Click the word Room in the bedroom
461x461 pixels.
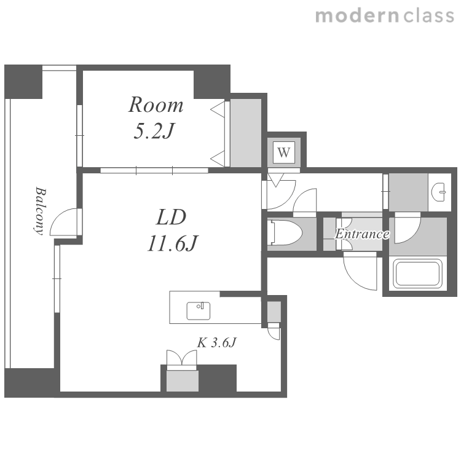pyautogui.click(x=156, y=105)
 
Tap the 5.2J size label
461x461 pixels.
pyautogui.click(x=154, y=131)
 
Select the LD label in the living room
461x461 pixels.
pyautogui.click(x=171, y=217)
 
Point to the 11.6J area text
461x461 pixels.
pyautogui.click(x=173, y=243)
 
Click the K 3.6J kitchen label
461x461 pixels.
pyautogui.click(x=217, y=343)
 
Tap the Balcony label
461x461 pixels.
pyautogui.click(x=40, y=210)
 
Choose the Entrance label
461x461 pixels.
pyautogui.click(x=363, y=234)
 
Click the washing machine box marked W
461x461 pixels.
pyautogui.click(x=284, y=152)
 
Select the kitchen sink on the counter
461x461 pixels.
pyautogui.click(x=199, y=311)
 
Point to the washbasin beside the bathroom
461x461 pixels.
pyautogui.click(x=439, y=192)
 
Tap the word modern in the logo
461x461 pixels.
pyautogui.click(x=357, y=16)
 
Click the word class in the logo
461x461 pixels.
pyautogui.click(x=429, y=16)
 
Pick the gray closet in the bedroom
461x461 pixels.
pyautogui.click(x=245, y=133)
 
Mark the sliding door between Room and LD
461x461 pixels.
pyautogui.click(x=154, y=170)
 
